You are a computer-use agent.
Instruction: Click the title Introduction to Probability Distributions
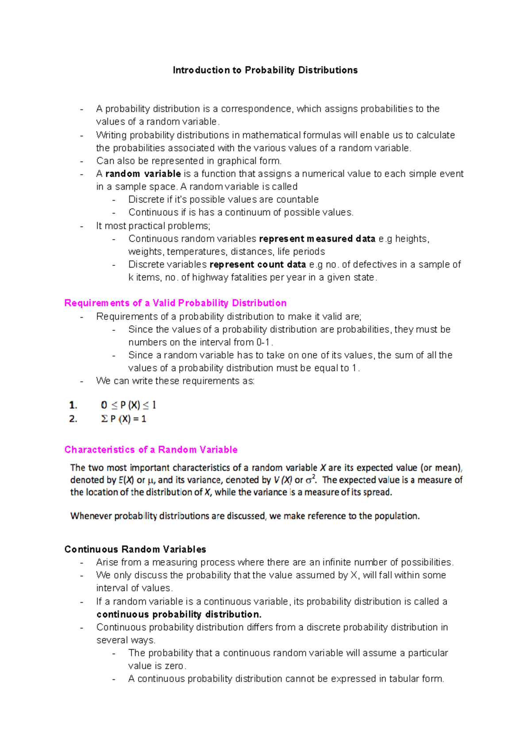point(265,70)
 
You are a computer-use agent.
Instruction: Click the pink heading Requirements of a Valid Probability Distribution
point(175,303)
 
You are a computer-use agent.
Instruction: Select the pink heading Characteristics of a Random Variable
point(151,450)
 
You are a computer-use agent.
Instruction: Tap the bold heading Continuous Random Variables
point(135,549)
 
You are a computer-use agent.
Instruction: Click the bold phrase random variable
point(143,174)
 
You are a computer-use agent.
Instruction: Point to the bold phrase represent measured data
point(317,239)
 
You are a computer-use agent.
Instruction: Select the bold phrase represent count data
point(258,264)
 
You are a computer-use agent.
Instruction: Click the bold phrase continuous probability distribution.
point(179,614)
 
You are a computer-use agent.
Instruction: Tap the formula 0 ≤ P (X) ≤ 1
point(128,405)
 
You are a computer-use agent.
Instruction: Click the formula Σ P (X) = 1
point(123,419)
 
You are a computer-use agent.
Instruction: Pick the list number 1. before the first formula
point(73,405)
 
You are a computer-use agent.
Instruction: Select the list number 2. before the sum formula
point(73,419)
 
